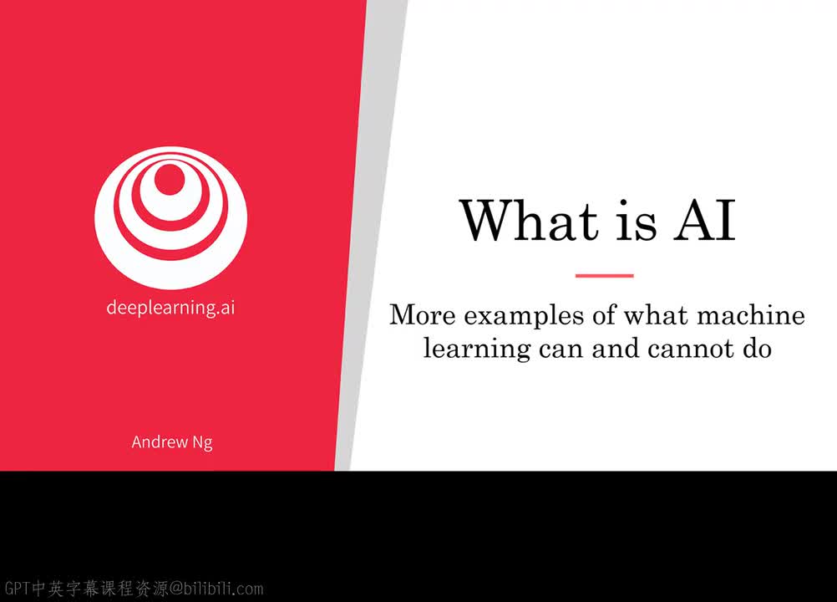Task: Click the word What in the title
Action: coord(529,220)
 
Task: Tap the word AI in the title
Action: coord(705,220)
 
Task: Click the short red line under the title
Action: coord(604,276)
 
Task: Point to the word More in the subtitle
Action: coord(422,314)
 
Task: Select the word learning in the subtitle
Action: coord(477,349)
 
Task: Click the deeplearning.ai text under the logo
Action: coord(170,307)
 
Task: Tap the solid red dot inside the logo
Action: coord(170,180)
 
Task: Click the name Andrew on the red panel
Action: coord(160,441)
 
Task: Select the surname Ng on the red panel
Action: coord(203,443)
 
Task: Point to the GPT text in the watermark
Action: coord(17,588)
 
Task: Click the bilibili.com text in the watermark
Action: coord(224,588)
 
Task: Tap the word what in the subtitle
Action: coord(657,314)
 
